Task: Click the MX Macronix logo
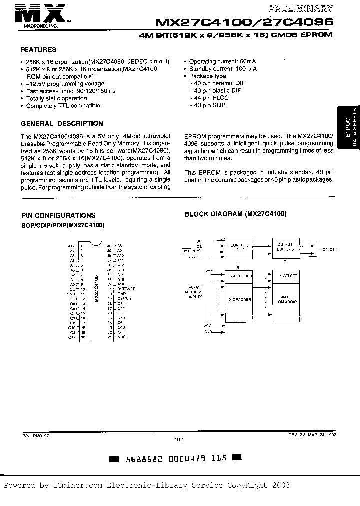click(x=42, y=13)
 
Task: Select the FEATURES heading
click(x=38, y=50)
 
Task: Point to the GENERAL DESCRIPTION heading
click(x=62, y=123)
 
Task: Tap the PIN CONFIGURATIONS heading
click(x=58, y=215)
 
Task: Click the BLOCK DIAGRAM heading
click(x=235, y=214)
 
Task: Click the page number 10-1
click(x=179, y=440)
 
